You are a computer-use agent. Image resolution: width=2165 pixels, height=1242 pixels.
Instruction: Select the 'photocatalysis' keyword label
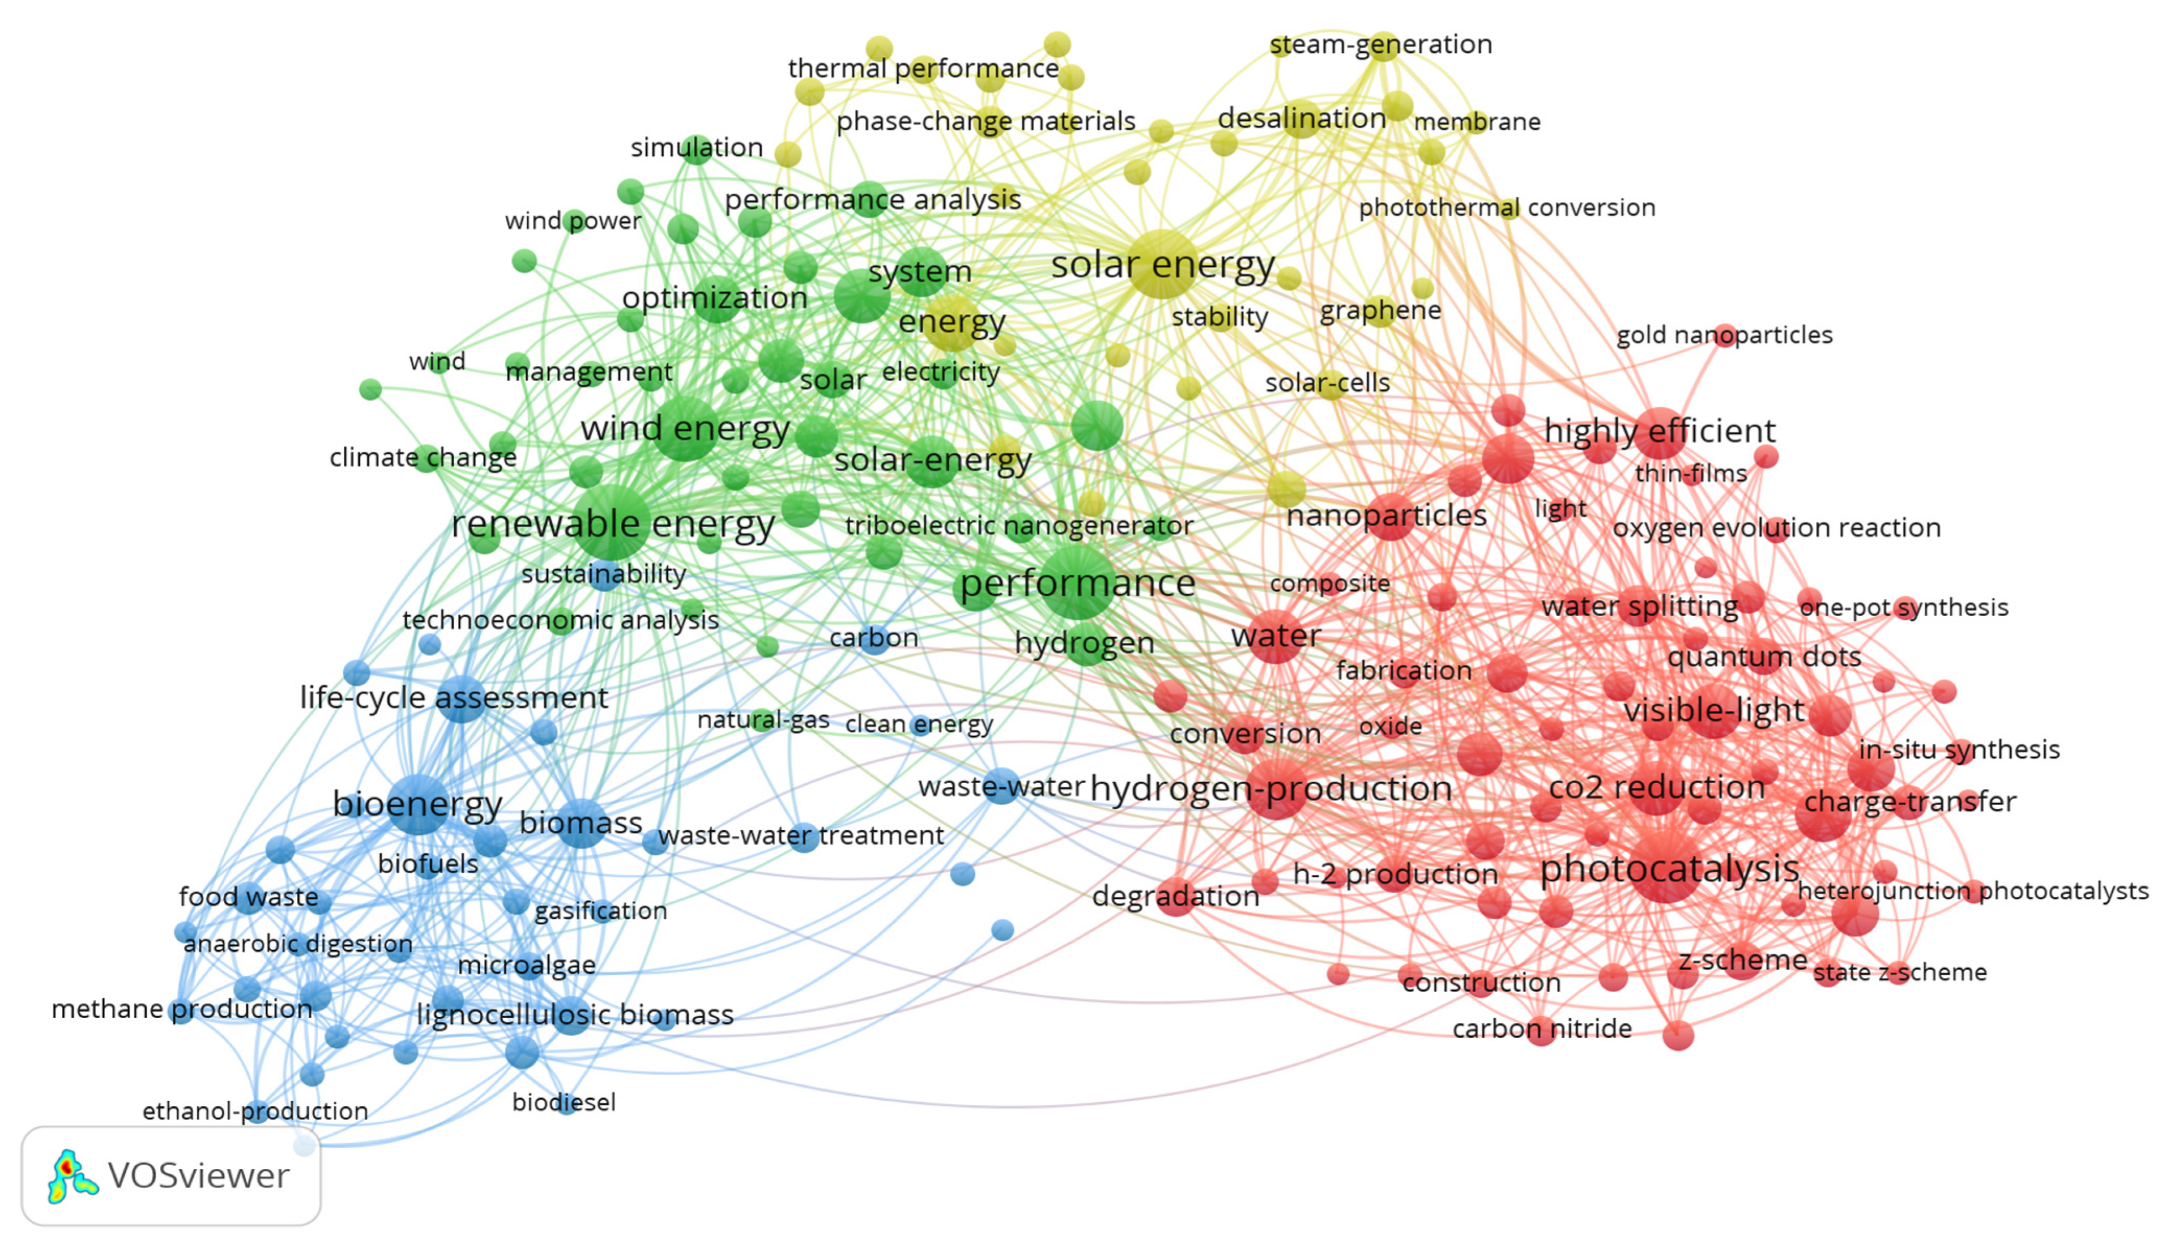(1669, 869)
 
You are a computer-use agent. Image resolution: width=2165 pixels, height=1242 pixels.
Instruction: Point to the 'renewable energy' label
(612, 524)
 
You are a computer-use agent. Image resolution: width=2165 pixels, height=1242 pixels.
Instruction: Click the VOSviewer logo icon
(71, 1176)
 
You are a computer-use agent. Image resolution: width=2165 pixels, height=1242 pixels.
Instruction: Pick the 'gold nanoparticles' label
(1724, 335)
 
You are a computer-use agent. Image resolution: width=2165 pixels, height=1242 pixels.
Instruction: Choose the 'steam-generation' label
(1380, 44)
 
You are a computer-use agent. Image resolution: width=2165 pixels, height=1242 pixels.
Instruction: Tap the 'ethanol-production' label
(255, 1111)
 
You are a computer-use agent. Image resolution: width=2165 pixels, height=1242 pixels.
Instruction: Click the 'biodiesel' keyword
(564, 1102)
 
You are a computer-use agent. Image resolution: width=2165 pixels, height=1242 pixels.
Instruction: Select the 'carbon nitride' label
(1541, 1029)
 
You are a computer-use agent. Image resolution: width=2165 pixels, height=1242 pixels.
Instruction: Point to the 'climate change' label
(423, 458)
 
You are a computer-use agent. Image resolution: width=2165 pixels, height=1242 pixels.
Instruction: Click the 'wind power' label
(572, 221)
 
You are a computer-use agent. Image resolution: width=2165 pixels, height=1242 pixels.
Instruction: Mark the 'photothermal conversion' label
(1506, 207)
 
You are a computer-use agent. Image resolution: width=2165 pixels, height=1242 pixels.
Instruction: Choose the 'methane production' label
(182, 1009)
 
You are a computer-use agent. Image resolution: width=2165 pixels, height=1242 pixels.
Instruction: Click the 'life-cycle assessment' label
(454, 698)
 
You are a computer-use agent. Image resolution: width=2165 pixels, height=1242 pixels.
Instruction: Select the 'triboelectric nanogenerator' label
(1018, 526)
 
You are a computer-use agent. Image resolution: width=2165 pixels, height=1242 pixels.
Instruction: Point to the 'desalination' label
(1301, 118)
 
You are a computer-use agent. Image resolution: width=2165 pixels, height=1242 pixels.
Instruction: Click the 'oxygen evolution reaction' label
(1776, 528)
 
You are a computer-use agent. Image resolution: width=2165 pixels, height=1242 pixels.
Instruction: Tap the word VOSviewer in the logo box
(199, 1176)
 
